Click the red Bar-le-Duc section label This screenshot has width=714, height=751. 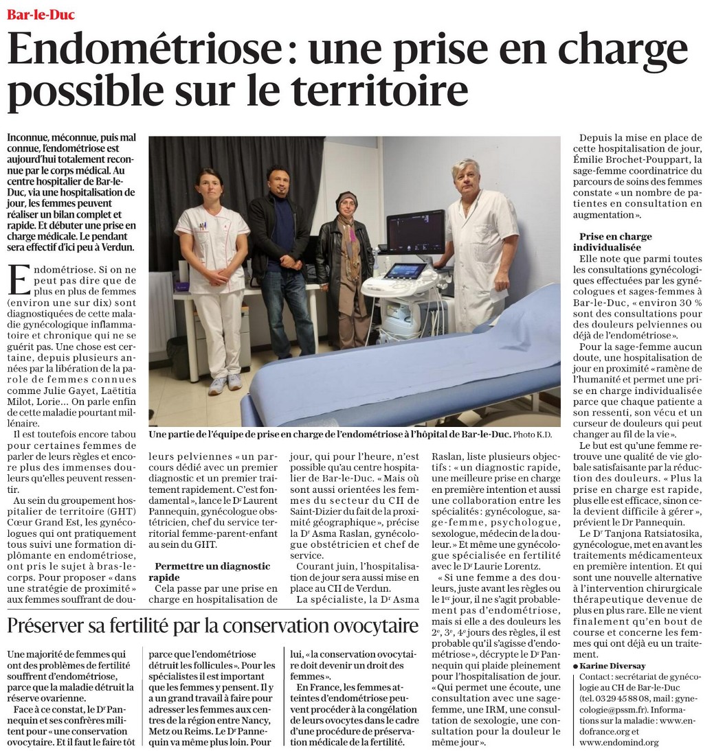click(x=41, y=14)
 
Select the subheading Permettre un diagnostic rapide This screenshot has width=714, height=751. click(x=213, y=572)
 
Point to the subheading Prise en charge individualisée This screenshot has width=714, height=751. click(x=616, y=242)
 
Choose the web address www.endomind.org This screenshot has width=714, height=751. click(x=614, y=742)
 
